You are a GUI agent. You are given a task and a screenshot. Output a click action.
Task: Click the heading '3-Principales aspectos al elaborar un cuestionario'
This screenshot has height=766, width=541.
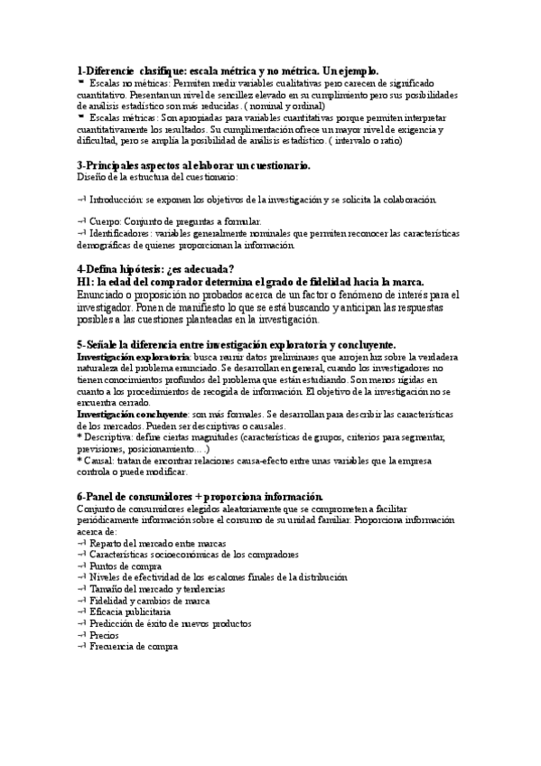194,166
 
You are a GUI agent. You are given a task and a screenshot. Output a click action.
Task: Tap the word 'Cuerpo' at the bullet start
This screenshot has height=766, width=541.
109,221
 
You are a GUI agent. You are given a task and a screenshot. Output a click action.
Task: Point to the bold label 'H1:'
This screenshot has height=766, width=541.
89,282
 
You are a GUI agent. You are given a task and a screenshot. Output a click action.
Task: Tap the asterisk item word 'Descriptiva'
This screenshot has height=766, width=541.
113,437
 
